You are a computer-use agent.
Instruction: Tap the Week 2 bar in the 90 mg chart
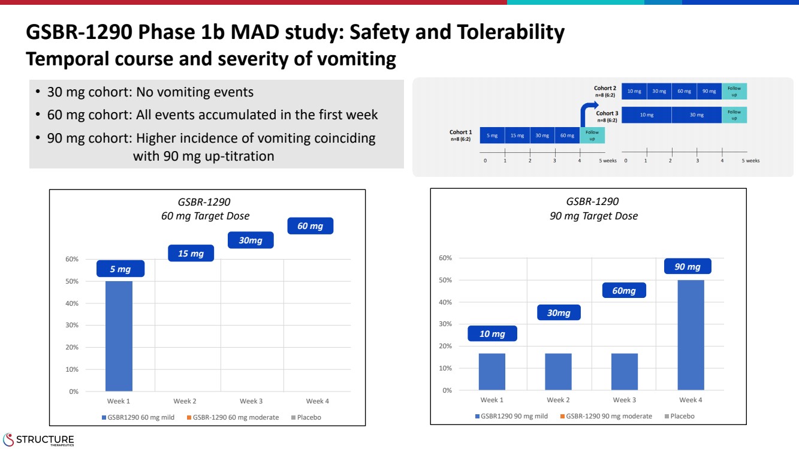(x=558, y=372)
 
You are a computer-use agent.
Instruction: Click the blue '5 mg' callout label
(x=120, y=269)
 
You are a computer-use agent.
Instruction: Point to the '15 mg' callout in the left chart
(x=191, y=254)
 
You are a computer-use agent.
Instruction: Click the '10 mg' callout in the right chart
(x=492, y=334)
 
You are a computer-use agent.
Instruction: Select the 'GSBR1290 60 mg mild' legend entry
(x=138, y=417)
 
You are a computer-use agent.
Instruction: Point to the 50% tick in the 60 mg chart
(x=72, y=281)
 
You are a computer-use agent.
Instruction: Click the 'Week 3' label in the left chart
(x=251, y=401)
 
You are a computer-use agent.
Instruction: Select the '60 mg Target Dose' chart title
(x=205, y=216)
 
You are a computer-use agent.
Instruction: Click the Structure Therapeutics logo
(x=39, y=439)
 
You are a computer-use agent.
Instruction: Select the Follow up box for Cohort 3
(x=734, y=114)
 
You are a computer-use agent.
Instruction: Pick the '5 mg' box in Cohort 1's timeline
(x=492, y=135)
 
